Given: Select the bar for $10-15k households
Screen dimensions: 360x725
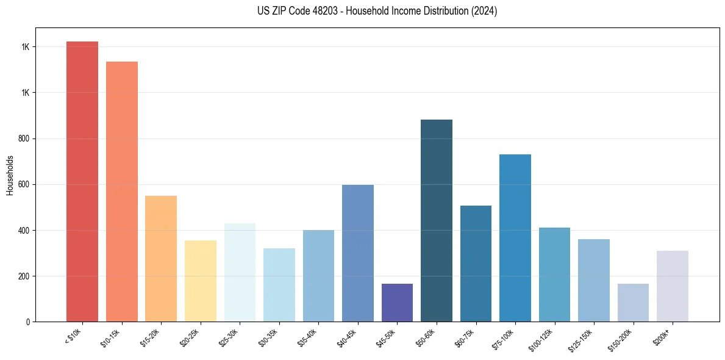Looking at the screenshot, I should click(x=121, y=192).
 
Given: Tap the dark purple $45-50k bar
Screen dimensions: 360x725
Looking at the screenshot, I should click(x=397, y=303).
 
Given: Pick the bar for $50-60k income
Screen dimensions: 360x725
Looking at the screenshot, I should click(x=437, y=220).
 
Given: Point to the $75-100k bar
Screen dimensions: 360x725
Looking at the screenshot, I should click(x=515, y=238).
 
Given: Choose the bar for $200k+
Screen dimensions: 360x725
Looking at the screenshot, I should click(x=673, y=286).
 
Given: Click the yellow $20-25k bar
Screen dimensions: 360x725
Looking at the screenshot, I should click(x=200, y=281).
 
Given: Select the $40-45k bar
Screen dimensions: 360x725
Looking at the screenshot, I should click(x=358, y=253).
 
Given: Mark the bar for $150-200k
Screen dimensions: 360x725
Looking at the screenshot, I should click(x=633, y=303).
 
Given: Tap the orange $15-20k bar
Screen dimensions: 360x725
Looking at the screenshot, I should click(x=161, y=259).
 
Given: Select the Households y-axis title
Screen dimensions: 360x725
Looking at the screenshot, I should click(x=10, y=175).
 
